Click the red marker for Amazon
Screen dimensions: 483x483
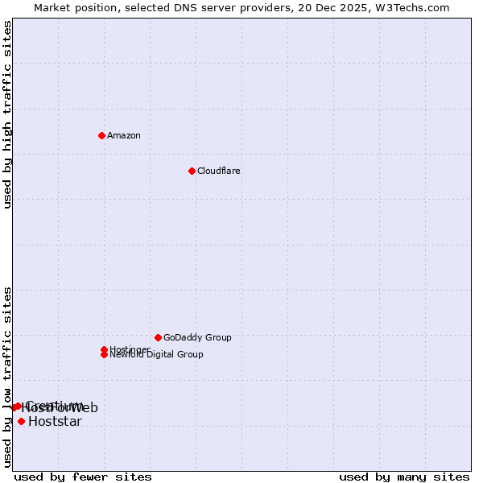(101, 135)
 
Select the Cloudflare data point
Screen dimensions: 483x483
(192, 171)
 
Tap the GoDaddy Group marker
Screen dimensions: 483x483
(158, 337)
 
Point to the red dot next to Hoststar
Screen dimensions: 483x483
(21, 421)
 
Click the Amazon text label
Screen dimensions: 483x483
(124, 135)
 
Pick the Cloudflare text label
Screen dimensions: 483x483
(219, 171)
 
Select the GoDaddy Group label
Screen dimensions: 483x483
(197, 337)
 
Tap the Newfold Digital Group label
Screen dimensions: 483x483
(157, 354)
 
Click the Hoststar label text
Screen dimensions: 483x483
(55, 422)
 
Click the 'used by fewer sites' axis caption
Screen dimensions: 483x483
(83, 477)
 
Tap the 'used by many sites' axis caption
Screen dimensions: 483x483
(404, 477)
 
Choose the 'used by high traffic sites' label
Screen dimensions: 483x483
(8, 114)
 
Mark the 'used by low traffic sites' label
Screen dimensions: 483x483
(8, 377)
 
